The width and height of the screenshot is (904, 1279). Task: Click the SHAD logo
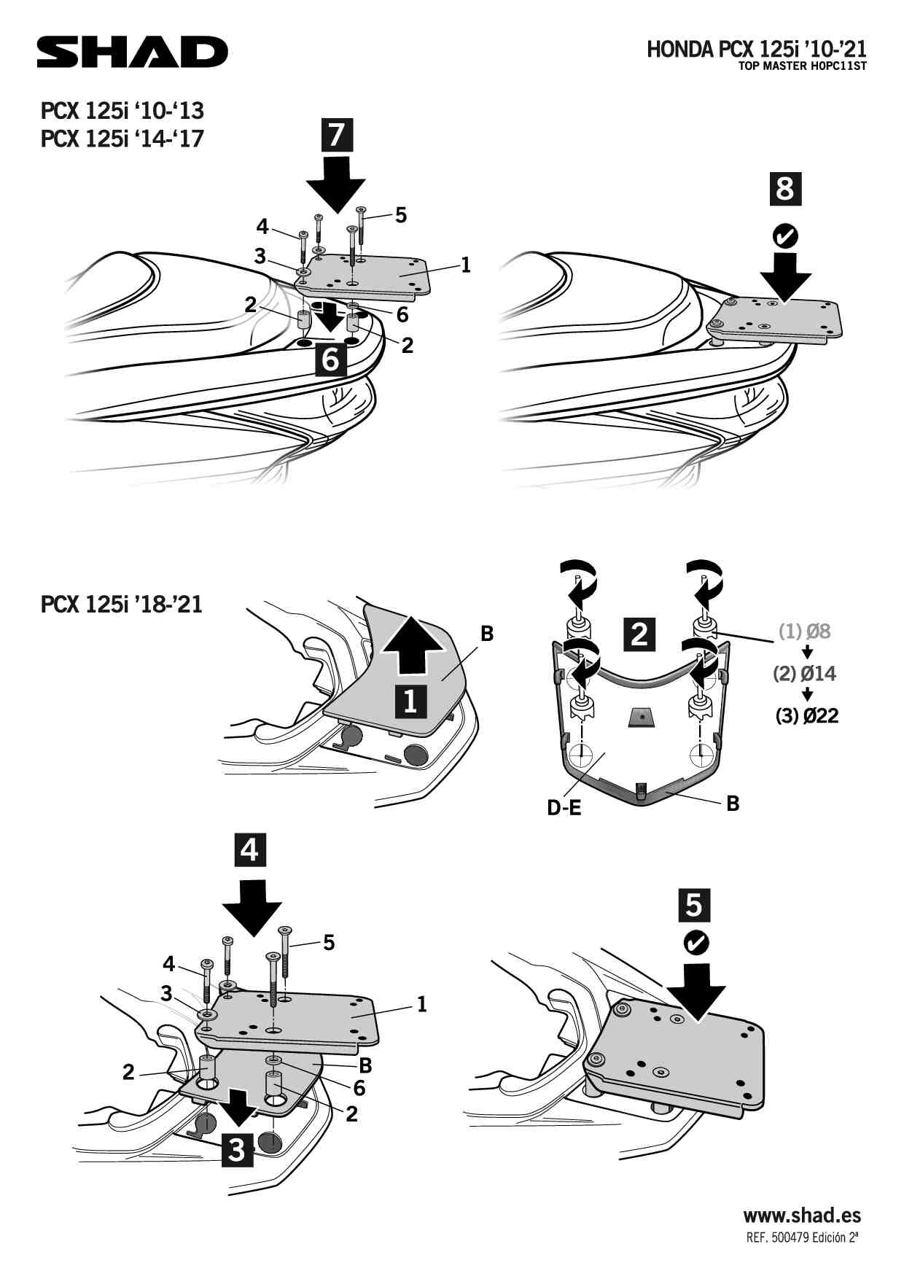133,52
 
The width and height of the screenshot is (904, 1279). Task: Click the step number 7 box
336,135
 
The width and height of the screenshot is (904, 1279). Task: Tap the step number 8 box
785,189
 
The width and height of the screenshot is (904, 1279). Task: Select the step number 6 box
330,359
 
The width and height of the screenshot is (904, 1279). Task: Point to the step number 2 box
639,633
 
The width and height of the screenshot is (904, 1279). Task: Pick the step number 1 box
410,700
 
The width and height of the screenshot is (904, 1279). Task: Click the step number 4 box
249,850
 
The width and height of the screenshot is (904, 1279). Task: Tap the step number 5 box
694,905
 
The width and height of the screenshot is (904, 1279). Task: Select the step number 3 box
237,1150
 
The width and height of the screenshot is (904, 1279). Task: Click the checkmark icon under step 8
785,236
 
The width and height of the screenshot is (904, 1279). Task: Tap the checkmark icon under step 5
695,943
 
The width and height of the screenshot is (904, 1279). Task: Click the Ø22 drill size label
807,716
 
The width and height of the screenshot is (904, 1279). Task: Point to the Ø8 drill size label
805,631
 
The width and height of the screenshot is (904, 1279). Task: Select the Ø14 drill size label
805,673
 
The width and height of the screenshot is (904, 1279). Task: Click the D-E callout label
564,808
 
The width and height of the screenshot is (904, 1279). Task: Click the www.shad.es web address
802,1216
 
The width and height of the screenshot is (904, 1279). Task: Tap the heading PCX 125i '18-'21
122,604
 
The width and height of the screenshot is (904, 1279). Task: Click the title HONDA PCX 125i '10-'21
756,49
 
